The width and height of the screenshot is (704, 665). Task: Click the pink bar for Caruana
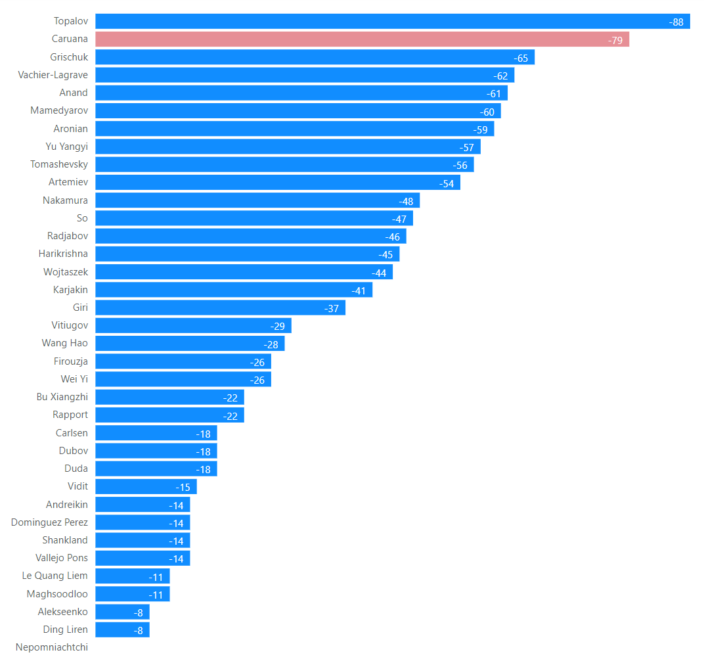pos(362,39)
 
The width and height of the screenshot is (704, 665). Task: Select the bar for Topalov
pos(392,22)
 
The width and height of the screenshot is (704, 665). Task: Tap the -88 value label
pos(676,22)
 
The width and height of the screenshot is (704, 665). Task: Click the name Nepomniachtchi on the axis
pos(52,647)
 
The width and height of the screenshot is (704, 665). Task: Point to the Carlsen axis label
pos(72,433)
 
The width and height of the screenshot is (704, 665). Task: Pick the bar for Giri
pos(220,308)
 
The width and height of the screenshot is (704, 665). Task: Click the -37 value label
pos(332,308)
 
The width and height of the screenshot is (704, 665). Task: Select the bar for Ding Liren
pos(122,630)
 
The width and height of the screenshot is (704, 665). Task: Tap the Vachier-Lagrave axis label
pos(53,75)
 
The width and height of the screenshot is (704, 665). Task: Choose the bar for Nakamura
pos(257,200)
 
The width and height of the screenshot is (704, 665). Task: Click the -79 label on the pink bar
pos(615,40)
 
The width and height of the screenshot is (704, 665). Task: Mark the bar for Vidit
pos(146,486)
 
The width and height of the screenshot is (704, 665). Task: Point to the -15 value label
pos(183,487)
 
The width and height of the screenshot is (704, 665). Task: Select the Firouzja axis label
pos(71,361)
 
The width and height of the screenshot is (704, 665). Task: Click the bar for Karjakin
pos(234,290)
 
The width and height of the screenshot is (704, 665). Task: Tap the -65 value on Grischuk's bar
pos(521,58)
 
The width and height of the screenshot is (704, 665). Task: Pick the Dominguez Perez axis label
pos(49,522)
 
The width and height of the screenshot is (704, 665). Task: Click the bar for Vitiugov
pos(193,325)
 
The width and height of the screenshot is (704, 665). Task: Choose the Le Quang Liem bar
pos(132,576)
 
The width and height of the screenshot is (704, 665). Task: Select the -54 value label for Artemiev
pos(447,183)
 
